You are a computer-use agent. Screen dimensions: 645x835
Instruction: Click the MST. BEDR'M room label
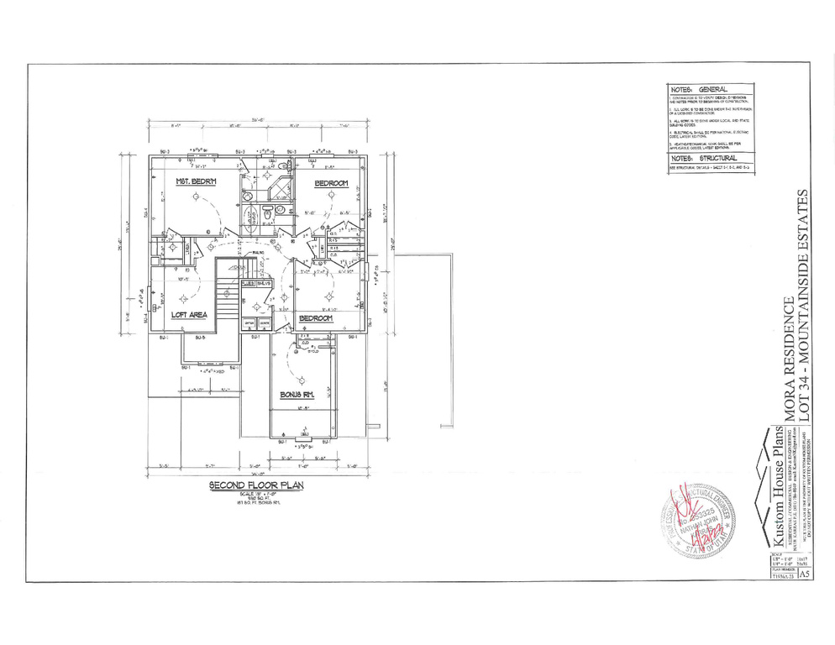click(x=196, y=182)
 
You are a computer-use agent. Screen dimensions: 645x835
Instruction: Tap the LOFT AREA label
click(x=190, y=315)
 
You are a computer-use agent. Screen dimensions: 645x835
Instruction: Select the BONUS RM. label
click(x=297, y=394)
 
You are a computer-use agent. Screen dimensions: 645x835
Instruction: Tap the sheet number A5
click(x=806, y=574)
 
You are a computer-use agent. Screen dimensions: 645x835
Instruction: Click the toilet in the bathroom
click(x=268, y=215)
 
